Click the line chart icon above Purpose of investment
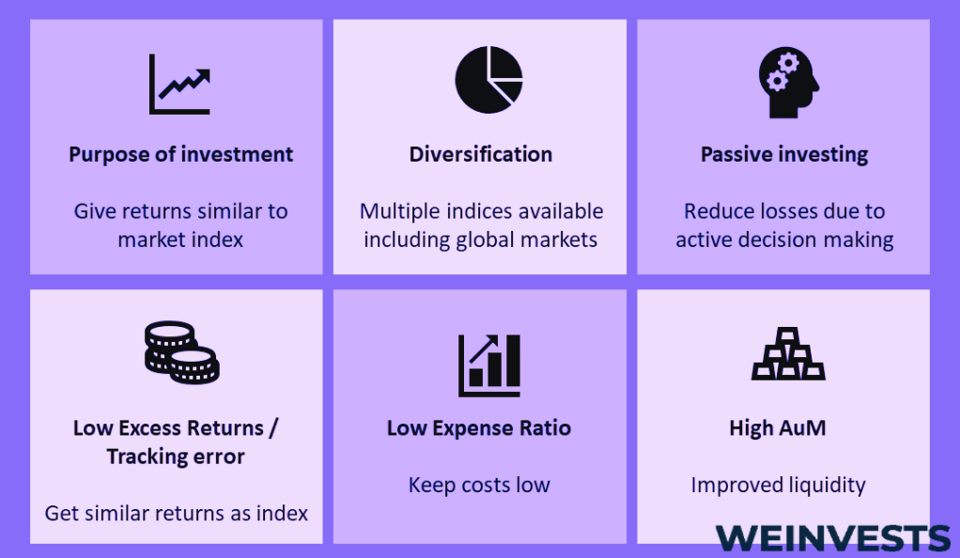click(x=179, y=84)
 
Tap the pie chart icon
click(x=488, y=80)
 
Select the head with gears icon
click(x=789, y=82)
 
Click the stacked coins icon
click(x=182, y=352)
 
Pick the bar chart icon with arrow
click(x=489, y=365)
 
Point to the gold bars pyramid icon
click(x=789, y=353)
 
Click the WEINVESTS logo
click(x=832, y=538)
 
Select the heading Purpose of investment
click(x=180, y=154)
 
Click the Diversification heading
click(x=481, y=154)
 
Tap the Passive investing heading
click(x=784, y=155)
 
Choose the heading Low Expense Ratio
click(x=479, y=428)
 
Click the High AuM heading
click(x=778, y=427)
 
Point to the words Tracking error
click(x=176, y=457)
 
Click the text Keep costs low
click(x=479, y=485)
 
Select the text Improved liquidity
click(x=778, y=486)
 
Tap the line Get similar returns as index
click(x=177, y=513)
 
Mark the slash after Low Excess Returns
click(x=273, y=428)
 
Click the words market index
click(x=180, y=240)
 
